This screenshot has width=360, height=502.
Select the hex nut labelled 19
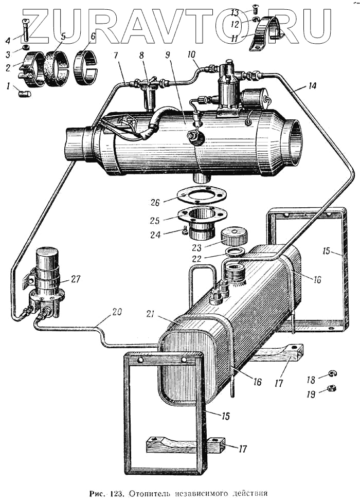tap(325, 389)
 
